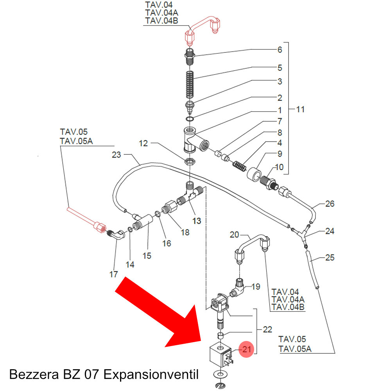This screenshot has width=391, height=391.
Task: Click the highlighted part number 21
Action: pyautogui.click(x=246, y=349)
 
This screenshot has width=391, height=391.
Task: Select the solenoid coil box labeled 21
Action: pyautogui.click(x=221, y=355)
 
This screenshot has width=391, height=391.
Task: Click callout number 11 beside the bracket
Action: pyautogui.click(x=300, y=109)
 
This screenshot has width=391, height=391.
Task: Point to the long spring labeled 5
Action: pyautogui.click(x=190, y=85)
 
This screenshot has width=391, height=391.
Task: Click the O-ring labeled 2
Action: pyautogui.click(x=190, y=119)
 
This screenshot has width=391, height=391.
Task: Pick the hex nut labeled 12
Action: pyautogui.click(x=190, y=161)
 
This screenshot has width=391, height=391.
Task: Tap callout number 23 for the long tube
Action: pyautogui.click(x=116, y=155)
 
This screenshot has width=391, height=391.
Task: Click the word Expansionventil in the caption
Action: pyautogui.click(x=151, y=375)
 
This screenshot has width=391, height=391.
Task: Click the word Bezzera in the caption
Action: pyautogui.click(x=34, y=375)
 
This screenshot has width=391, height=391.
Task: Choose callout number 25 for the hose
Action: pyautogui.click(x=330, y=257)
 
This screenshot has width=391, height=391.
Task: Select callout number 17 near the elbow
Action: pyautogui.click(x=113, y=274)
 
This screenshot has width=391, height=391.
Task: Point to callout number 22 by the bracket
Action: pyautogui.click(x=267, y=329)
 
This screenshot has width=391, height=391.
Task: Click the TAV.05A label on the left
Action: pyautogui.click(x=76, y=141)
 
